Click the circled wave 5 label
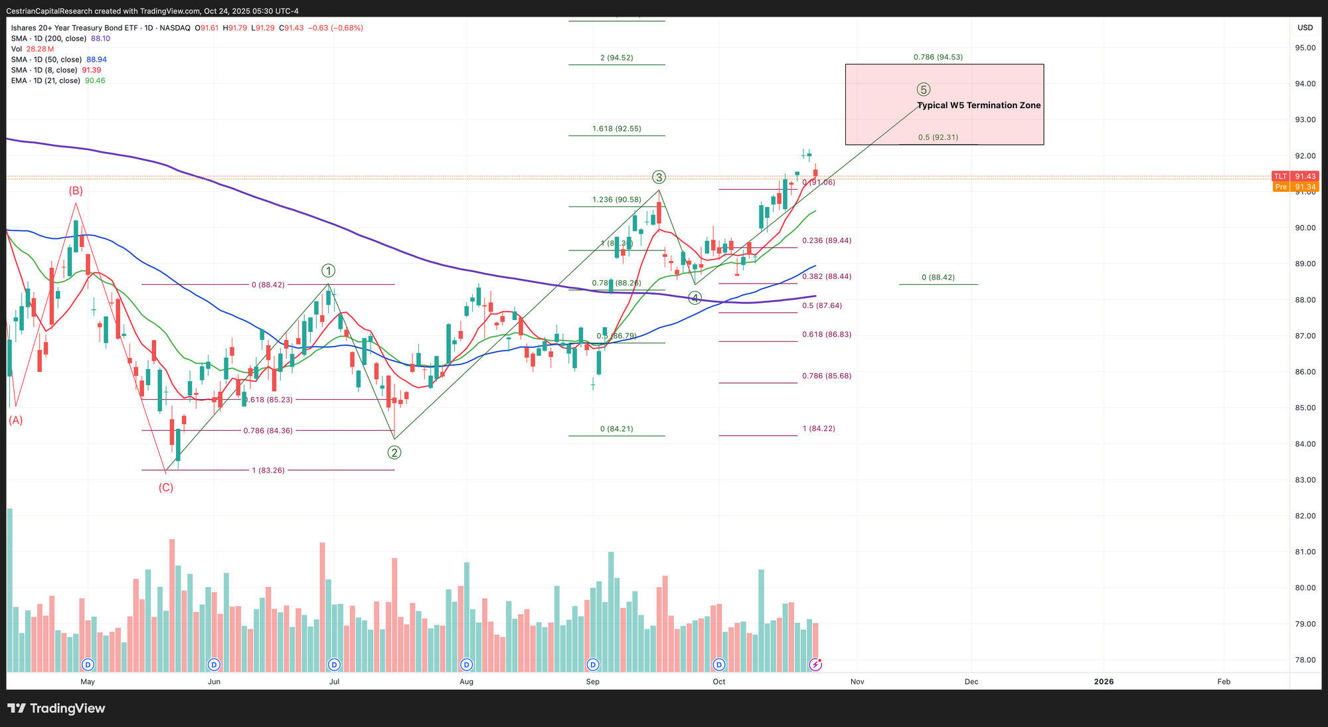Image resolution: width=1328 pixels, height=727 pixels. coord(923,90)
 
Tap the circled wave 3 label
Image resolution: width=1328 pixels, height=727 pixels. coord(659,177)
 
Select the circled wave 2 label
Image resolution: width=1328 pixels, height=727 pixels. coord(394,453)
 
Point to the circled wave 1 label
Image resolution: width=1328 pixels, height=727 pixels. coord(328,271)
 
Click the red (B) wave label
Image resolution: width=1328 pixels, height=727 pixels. coord(76,191)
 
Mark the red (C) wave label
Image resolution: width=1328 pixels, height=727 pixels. coord(165,487)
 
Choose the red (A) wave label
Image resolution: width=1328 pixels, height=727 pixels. coord(15,420)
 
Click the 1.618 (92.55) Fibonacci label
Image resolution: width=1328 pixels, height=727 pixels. coord(617,129)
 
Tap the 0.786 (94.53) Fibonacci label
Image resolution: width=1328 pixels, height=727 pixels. coord(938,57)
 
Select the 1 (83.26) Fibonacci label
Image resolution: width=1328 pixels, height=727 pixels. coord(268,470)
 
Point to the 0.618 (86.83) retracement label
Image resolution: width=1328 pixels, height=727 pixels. coord(827,335)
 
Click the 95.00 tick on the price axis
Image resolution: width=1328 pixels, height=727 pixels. coord(1305,48)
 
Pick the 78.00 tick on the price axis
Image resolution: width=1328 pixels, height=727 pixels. coord(1305,660)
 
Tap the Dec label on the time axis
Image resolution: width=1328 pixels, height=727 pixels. coord(971,682)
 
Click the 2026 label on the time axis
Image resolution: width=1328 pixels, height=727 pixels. coord(1104,682)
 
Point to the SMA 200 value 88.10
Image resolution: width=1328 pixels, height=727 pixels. coord(100,39)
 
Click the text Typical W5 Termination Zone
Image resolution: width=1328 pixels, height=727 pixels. coord(979,106)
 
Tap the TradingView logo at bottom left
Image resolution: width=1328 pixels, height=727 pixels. coord(57,708)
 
